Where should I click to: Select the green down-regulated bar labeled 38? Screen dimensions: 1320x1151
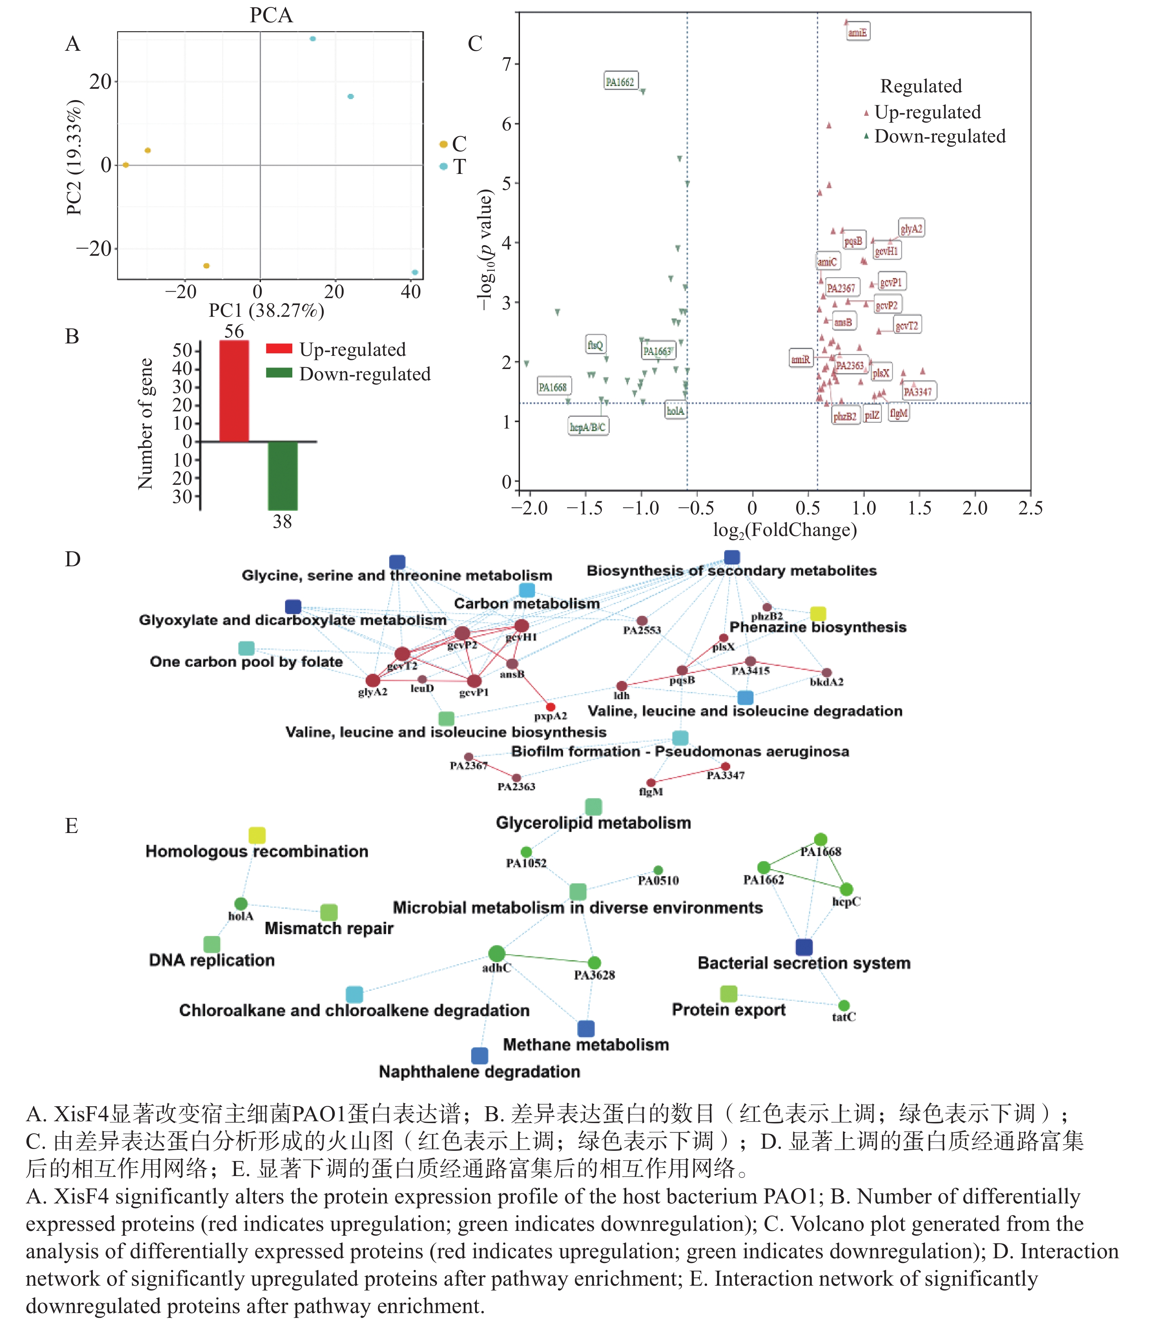[x=282, y=475]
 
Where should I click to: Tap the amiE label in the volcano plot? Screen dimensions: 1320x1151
[x=858, y=32]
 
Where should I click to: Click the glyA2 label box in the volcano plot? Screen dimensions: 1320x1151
[x=911, y=228]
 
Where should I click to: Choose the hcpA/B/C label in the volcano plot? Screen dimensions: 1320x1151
[x=588, y=426]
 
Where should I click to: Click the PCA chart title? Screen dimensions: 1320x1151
[x=271, y=15]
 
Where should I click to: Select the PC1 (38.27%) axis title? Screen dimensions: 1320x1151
[x=266, y=311]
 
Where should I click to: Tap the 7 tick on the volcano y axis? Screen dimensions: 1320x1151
[x=507, y=64]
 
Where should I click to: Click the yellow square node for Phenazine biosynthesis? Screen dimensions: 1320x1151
[x=818, y=613]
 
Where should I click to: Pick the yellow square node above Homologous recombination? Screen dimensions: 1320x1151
[x=257, y=835]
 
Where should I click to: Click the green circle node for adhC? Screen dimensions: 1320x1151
[x=497, y=953]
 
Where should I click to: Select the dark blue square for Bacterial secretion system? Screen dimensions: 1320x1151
[x=804, y=947]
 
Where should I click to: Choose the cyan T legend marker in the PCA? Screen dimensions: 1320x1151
[x=443, y=166]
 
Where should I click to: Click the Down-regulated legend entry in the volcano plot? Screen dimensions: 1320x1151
[x=939, y=136]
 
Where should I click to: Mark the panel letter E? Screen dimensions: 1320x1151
[x=72, y=825]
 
